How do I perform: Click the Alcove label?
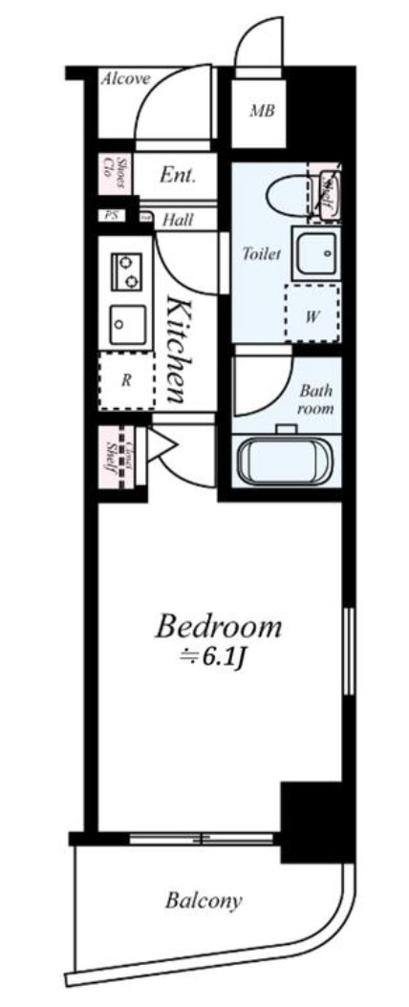tap(125, 79)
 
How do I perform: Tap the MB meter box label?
tap(262, 112)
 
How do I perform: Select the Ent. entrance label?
tap(178, 176)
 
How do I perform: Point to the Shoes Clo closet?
tap(113, 175)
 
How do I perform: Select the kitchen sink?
tap(125, 323)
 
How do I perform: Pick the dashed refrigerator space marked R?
tap(126, 379)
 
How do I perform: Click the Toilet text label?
tap(261, 254)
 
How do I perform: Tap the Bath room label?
tap(316, 399)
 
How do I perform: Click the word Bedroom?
tap(219, 628)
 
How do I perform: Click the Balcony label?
tap(203, 900)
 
